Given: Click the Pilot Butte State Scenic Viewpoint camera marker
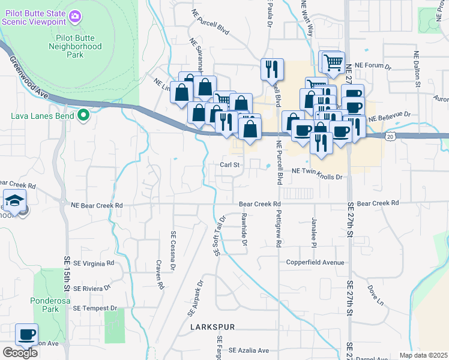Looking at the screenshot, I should pyautogui.click(x=74, y=16).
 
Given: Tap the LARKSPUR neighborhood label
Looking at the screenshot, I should pyautogui.click(x=212, y=328).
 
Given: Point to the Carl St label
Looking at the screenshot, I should pyautogui.click(x=229, y=164).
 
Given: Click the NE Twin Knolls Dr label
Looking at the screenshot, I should pyautogui.click(x=316, y=177).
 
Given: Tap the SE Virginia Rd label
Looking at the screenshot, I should pyautogui.click(x=88, y=263).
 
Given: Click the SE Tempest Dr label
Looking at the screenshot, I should pyautogui.click(x=94, y=308).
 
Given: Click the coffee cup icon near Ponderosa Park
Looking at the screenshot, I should pyautogui.click(x=26, y=335).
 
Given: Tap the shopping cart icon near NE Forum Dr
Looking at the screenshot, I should pyautogui.click(x=332, y=61).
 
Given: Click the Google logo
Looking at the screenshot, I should pyautogui.click(x=20, y=353).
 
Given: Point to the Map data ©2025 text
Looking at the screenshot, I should pyautogui.click(x=423, y=355).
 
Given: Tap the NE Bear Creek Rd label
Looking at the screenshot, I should pyautogui.click(x=96, y=205).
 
